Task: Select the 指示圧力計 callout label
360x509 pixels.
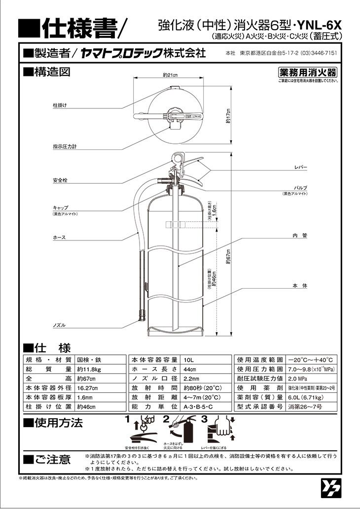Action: point(65,147)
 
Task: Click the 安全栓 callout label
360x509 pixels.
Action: point(60,181)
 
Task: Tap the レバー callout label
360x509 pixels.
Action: point(300,168)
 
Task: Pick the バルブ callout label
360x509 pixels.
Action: point(300,188)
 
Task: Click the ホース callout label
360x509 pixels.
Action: point(59,238)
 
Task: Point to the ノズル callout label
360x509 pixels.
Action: point(59,325)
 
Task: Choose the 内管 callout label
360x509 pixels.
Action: point(300,236)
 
